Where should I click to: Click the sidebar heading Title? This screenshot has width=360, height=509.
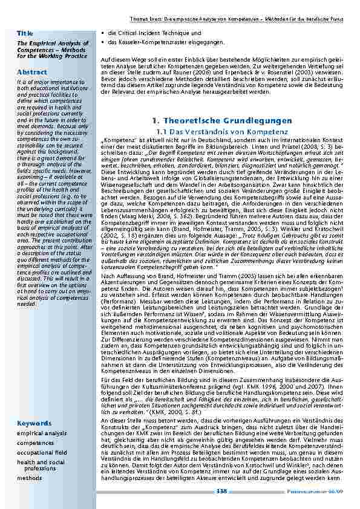coord(25,31)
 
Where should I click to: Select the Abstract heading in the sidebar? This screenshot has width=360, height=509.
coord(32,72)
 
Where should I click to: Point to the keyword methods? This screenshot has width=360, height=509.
coord(30,478)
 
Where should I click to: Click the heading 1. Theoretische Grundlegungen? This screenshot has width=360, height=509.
coord(222,121)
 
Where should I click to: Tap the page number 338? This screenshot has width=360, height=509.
coord(221,492)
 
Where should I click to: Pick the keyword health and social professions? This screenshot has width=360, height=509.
coord(41,465)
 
